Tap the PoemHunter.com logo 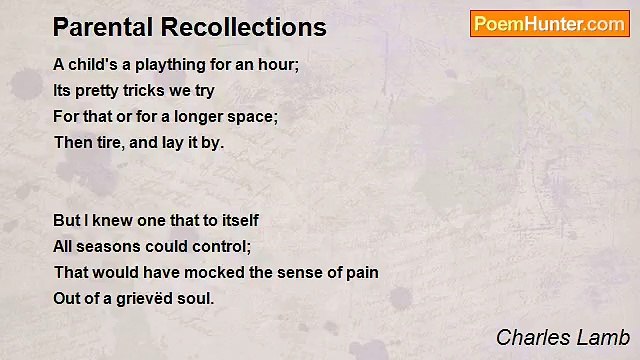coord(549,24)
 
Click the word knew coord(110,220)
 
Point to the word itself coord(237,220)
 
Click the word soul coord(196,298)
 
